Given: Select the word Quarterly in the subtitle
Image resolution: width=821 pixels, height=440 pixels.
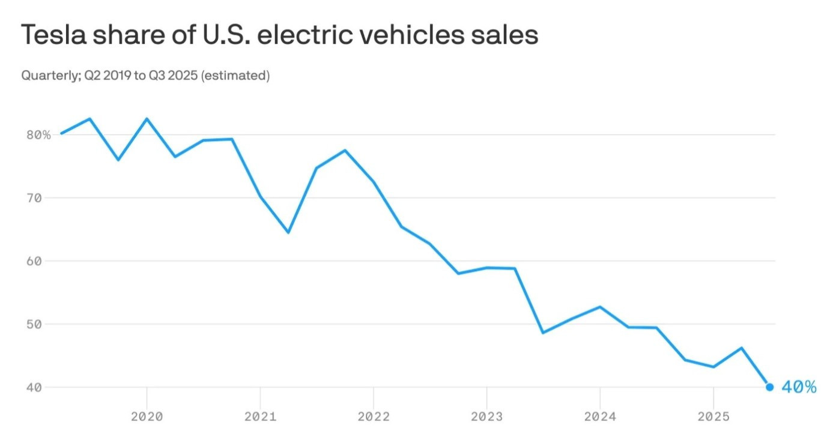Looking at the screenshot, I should click(x=46, y=76).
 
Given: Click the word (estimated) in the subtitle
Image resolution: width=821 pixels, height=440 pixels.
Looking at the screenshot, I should click(x=235, y=76).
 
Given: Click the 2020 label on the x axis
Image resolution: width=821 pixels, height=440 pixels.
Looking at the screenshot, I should click(x=147, y=417).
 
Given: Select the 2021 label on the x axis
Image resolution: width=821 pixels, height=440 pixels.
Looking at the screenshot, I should click(x=260, y=417).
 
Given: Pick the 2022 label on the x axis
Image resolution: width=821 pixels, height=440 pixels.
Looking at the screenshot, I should click(x=373, y=417).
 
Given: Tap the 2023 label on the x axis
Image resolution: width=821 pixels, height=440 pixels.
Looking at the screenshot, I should click(x=486, y=417).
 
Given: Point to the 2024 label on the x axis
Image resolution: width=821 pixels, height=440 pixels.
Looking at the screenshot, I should click(x=599, y=417).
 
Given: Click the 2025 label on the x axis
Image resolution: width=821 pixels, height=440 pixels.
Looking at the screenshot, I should click(x=713, y=417).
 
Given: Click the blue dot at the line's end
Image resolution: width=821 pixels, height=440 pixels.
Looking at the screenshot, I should click(x=769, y=387).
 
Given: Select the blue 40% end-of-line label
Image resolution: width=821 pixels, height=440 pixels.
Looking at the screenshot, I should click(x=799, y=387).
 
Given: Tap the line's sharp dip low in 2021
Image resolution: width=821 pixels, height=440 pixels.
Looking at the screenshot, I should click(x=288, y=232).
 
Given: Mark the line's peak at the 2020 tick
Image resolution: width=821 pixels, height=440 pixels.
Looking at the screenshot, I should click(x=147, y=119).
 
